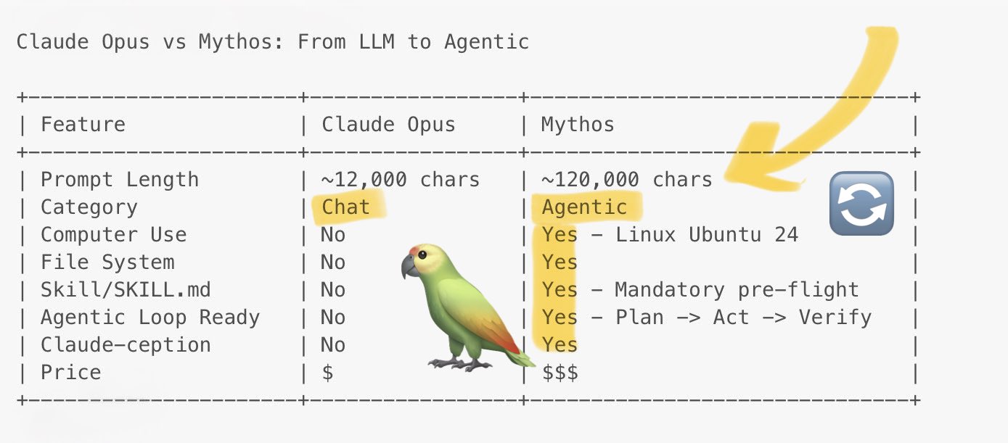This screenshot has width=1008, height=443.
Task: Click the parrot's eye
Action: point(422,255)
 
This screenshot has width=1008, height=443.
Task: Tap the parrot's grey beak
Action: point(409,266)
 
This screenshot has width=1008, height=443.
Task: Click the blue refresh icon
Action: point(861,203)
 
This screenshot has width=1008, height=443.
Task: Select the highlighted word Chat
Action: point(345,207)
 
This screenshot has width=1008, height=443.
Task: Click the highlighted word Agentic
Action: point(584,207)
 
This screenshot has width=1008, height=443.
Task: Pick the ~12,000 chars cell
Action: point(401,180)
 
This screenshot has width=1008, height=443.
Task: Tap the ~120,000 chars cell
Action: point(627,180)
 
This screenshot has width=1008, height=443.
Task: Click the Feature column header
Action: point(83,125)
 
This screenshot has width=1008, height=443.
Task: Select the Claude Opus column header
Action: point(388,125)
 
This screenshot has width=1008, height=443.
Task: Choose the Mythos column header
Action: point(578,125)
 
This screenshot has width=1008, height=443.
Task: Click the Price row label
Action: point(71,373)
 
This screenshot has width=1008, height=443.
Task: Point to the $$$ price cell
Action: point(560,373)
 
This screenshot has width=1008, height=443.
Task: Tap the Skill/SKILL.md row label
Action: point(126,290)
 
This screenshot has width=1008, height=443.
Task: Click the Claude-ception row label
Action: point(126,345)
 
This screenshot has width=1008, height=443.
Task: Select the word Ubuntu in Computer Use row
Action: point(725,235)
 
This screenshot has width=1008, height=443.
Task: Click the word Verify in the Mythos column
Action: point(835,318)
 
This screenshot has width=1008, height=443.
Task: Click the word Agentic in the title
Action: point(486,42)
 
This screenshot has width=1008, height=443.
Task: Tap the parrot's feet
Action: point(459,363)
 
